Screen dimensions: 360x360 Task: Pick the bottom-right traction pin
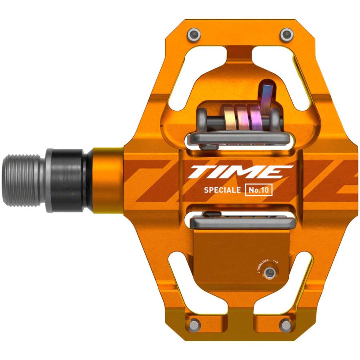pos(286,323)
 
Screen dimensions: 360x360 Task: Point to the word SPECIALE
pos(222,191)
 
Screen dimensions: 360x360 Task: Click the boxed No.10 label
pos(258,191)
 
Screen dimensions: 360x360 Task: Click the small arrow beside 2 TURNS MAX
pos(275,260)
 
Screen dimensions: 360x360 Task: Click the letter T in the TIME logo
pos(200,172)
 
